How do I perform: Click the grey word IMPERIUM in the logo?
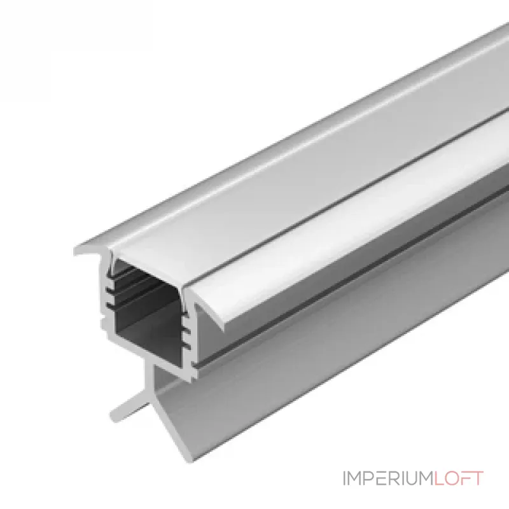(x=388, y=478)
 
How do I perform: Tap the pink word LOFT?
(x=459, y=478)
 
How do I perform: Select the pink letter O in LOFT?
(x=452, y=478)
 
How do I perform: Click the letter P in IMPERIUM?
(x=368, y=478)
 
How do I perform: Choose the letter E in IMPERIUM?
(x=380, y=478)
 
